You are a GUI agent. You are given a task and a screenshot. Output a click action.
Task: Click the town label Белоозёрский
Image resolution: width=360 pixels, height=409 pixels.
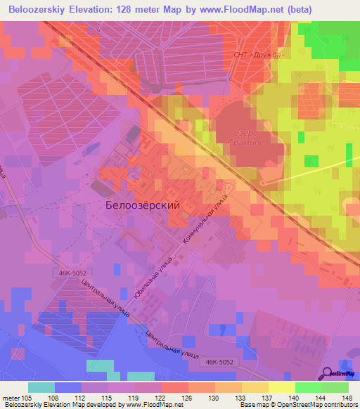[142, 205]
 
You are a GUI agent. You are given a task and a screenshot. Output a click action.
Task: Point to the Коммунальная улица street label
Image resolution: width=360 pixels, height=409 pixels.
[207, 217]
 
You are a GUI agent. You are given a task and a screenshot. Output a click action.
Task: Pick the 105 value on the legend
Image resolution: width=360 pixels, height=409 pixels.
[29, 397]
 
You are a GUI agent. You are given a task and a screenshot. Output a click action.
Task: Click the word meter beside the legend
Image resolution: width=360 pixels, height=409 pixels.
[12, 397]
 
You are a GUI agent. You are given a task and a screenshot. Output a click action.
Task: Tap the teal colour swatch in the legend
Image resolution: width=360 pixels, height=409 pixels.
[41, 387]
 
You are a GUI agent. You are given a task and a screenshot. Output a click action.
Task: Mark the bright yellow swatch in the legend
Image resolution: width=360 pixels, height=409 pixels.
[281, 387]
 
